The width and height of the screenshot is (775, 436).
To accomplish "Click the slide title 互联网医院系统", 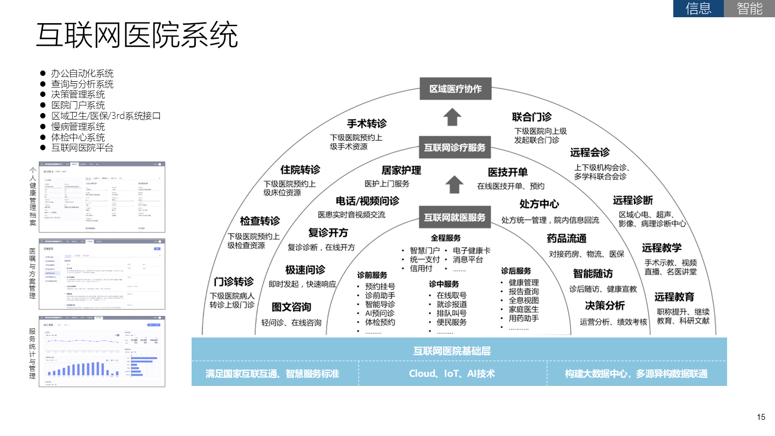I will point(137,36).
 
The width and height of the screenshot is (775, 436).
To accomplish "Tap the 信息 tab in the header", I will point(698,9).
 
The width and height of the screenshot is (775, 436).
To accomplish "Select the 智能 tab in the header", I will point(749,9).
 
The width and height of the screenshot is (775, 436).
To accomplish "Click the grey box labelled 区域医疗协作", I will point(455,89).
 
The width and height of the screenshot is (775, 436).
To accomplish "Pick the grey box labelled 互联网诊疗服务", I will point(455,147).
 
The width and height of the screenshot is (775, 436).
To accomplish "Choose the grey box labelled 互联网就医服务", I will point(455,217).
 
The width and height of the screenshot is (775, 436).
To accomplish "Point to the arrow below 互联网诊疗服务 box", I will point(455,184).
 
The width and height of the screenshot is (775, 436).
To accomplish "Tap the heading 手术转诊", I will point(367,123).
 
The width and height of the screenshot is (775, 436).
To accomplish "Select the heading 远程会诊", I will point(590,152).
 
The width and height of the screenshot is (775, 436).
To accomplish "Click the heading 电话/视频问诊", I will point(368,201).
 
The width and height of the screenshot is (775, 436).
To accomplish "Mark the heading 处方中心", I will point(539,204).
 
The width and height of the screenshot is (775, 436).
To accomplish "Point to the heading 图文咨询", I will point(291,307).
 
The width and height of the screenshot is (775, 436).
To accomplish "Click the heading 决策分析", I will point(605,306).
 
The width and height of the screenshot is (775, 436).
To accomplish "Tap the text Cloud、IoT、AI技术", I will point(452,374).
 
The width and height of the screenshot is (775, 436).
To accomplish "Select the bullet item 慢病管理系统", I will point(78,126).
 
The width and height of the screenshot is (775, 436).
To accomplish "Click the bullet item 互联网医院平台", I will point(82,147).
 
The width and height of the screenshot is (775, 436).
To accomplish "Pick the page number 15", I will point(760,417).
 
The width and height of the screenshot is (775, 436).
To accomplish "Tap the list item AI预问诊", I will point(379,313).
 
